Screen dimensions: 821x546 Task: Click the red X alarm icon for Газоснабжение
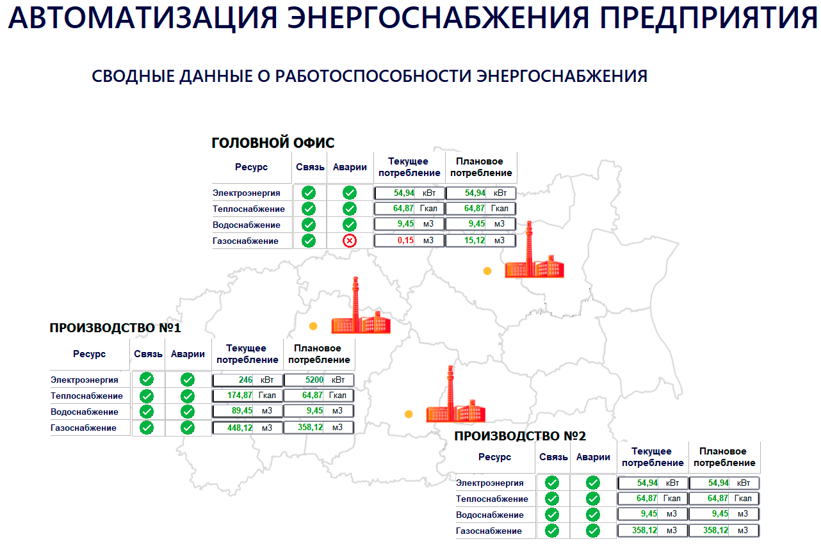coord(349,241)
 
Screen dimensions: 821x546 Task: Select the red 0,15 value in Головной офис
coord(405,241)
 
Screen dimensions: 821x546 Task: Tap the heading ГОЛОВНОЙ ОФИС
coord(273,143)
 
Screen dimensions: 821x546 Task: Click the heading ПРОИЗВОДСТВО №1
coord(115,328)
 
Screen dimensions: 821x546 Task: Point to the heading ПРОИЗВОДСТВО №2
coord(520,436)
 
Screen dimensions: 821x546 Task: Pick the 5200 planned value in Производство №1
coord(314,380)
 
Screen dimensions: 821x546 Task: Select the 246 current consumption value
coord(245,380)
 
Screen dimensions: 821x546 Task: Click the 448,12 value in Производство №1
coord(240,428)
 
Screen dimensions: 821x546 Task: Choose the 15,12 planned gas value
coord(475,241)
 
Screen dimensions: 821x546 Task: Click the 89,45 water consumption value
coord(242,411)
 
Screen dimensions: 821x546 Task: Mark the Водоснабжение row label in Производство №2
coord(490,515)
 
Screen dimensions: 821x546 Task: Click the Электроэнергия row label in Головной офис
coord(247,193)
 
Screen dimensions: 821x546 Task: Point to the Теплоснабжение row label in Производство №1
coord(86,396)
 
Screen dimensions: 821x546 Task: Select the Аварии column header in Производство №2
coord(593,457)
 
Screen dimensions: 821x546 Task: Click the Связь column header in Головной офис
coord(310,167)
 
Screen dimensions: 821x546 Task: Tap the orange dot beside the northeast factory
coord(487,271)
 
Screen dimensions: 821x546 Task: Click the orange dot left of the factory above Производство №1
coord(313,326)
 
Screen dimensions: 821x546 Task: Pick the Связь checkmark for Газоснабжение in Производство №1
coord(147,428)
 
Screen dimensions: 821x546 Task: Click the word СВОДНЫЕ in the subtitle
coord(133,76)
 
